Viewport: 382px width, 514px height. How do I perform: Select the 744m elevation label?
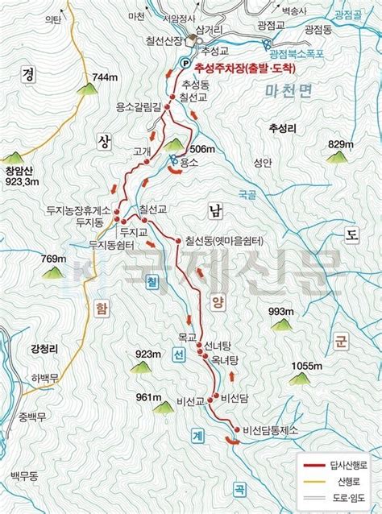[x=106, y=77]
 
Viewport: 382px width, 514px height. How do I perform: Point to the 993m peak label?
[x=280, y=312]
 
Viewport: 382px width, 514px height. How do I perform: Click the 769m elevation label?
[x=53, y=259]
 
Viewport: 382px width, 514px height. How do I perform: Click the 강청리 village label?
[x=44, y=349]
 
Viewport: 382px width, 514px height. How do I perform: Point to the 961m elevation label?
[x=150, y=397]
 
